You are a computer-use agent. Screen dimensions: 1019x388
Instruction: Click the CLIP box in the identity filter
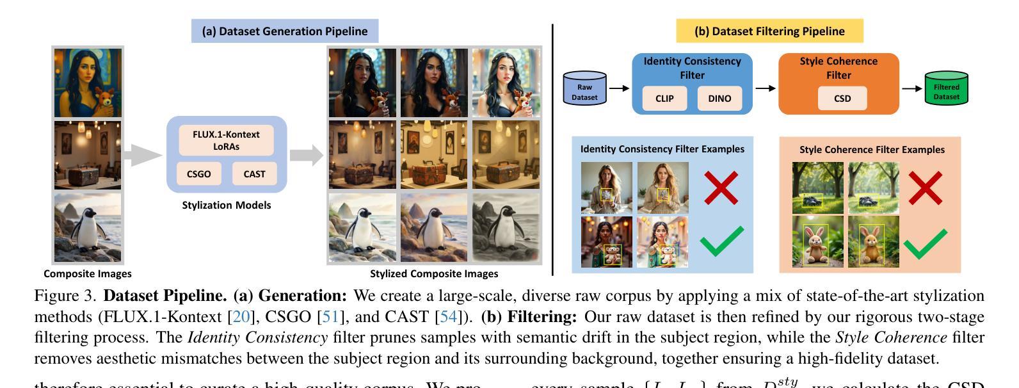(664, 99)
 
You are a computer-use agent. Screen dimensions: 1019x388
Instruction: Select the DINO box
(719, 99)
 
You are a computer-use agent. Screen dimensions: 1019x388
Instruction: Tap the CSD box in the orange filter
(842, 99)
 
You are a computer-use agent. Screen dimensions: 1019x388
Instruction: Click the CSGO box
(198, 174)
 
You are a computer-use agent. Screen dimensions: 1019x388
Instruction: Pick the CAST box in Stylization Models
(254, 174)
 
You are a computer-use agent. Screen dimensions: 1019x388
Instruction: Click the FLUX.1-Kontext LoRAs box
(226, 140)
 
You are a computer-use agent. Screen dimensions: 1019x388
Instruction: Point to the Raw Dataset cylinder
(584, 88)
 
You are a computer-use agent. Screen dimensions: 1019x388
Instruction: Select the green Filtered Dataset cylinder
(946, 88)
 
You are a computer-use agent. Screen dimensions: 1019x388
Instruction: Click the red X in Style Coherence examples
(925, 187)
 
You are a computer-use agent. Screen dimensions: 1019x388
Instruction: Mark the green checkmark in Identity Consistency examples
(721, 242)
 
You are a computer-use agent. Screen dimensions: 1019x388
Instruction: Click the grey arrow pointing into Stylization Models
(142, 154)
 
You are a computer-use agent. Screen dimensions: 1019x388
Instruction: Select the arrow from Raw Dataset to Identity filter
(618, 88)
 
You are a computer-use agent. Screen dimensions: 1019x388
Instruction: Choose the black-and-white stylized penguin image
(506, 227)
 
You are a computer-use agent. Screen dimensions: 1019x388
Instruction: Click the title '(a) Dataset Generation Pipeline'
(285, 31)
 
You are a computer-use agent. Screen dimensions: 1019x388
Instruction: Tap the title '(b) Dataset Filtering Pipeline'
(769, 31)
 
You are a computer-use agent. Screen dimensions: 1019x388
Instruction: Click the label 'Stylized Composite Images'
(434, 273)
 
